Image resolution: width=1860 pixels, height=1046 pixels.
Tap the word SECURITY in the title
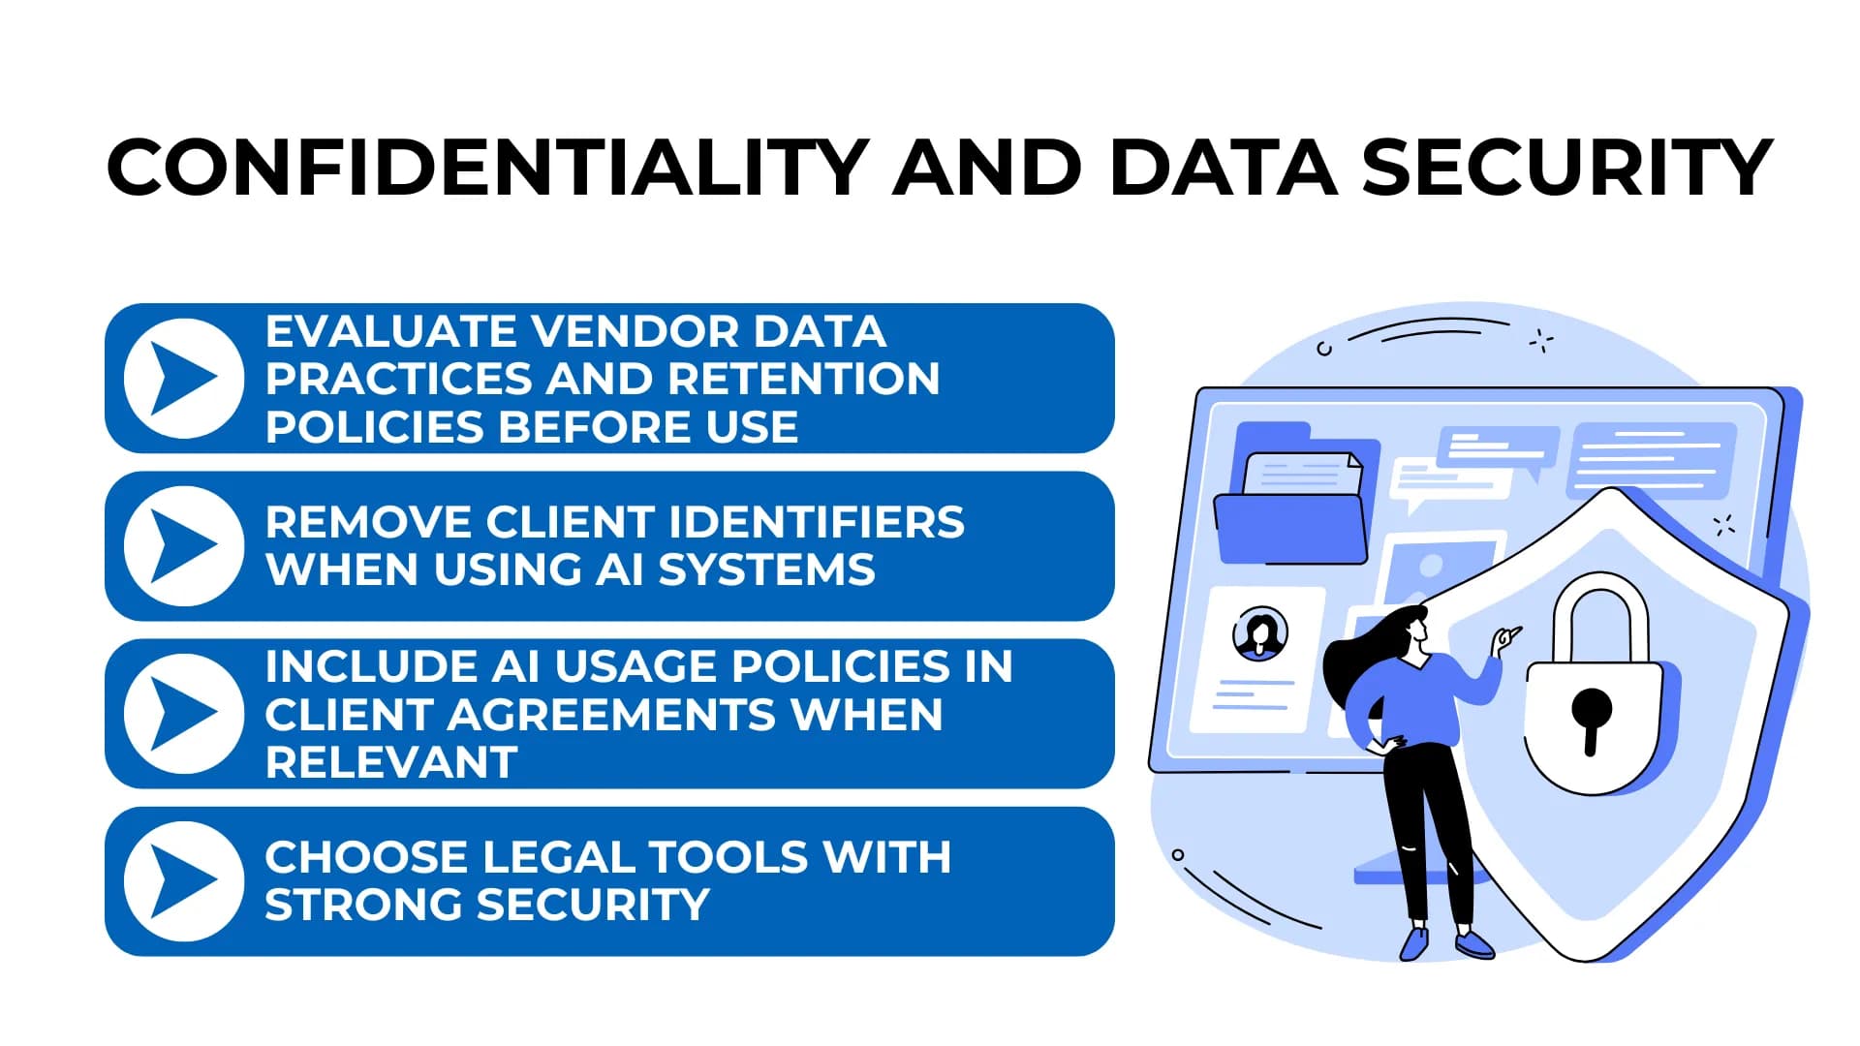(x=1567, y=167)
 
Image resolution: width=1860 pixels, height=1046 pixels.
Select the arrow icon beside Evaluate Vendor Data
(x=184, y=378)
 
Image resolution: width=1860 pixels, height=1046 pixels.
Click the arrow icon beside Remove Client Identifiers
(x=184, y=545)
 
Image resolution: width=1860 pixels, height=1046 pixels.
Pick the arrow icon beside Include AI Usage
(x=184, y=713)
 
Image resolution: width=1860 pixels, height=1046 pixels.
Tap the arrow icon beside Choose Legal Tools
(x=184, y=880)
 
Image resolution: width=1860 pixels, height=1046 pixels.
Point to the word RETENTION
(x=804, y=379)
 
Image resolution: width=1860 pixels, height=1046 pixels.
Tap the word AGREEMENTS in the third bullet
(x=610, y=715)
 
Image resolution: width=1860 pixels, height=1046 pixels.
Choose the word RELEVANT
(x=390, y=762)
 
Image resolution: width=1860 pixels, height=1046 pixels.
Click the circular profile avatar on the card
(x=1259, y=634)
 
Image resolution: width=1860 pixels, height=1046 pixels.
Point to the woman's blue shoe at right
(x=1473, y=944)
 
